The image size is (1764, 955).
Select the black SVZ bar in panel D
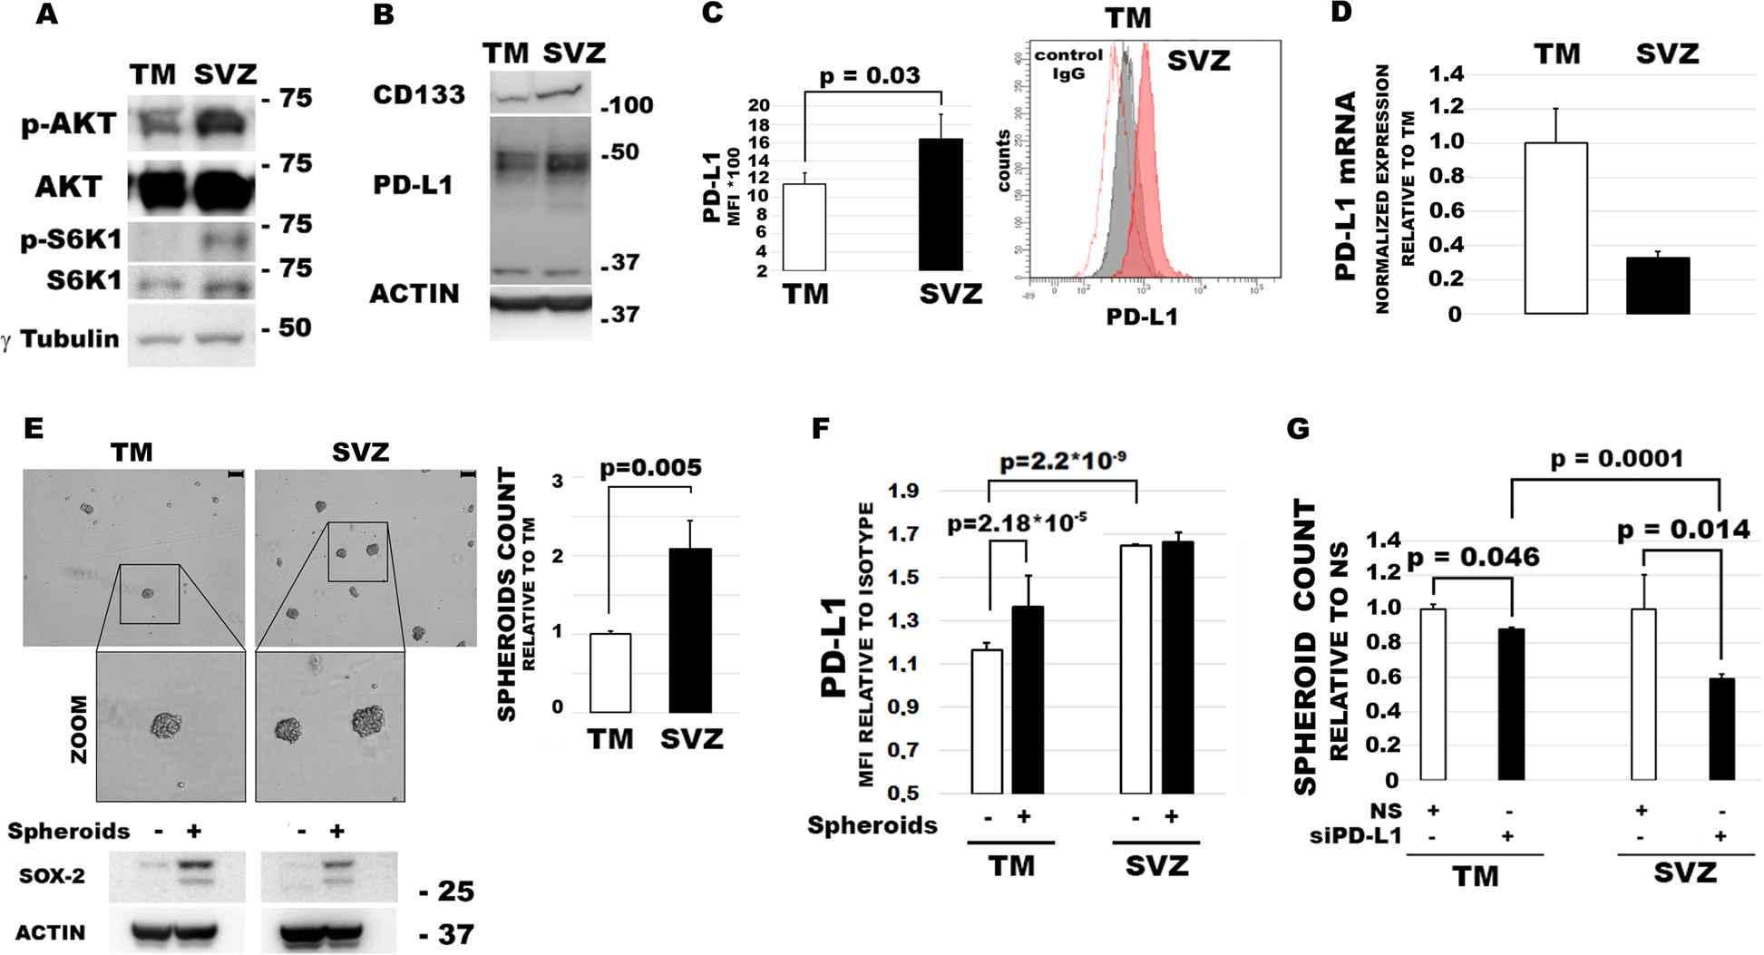(1657, 286)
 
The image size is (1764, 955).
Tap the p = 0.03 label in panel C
(869, 76)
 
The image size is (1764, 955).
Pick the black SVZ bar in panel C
(940, 205)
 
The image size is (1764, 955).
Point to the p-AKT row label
(69, 124)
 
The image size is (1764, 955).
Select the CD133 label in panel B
(419, 95)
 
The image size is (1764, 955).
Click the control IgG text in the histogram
(1068, 63)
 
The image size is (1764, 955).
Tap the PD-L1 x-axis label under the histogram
(1141, 317)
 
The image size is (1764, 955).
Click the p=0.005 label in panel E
(650, 468)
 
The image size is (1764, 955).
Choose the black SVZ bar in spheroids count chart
(689, 630)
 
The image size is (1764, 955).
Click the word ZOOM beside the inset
(80, 729)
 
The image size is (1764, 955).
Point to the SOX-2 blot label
(52, 877)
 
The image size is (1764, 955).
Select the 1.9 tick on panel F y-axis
(903, 492)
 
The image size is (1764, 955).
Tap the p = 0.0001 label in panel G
(1616, 459)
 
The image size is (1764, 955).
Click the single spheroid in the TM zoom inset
(166, 725)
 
